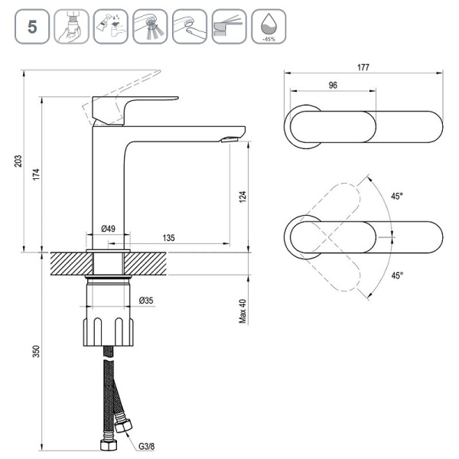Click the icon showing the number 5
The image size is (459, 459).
[x=32, y=26]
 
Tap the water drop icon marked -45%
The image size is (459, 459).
[x=268, y=26]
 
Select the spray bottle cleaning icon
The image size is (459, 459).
[x=110, y=26]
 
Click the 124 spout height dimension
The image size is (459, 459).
[x=243, y=196]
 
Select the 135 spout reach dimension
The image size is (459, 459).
[x=169, y=238]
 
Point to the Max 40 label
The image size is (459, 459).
[x=243, y=309]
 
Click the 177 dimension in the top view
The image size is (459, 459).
[x=363, y=67]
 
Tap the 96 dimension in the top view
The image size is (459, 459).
[x=334, y=86]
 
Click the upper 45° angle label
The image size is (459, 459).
[x=396, y=197]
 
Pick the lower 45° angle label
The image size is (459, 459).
[x=396, y=275]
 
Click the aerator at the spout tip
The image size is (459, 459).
[x=227, y=139]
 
